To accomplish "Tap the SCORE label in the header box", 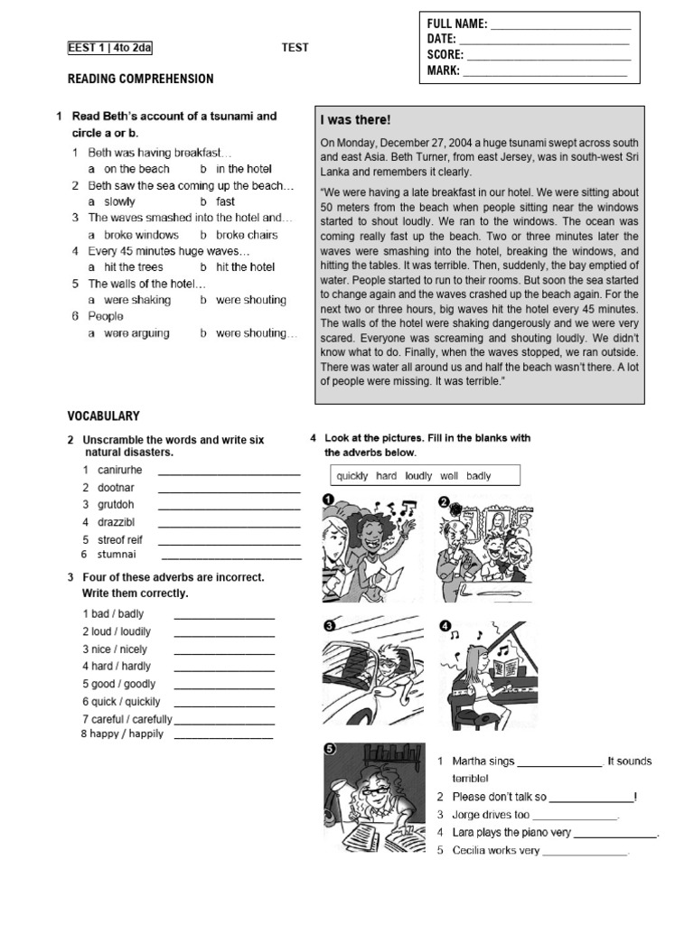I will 444,54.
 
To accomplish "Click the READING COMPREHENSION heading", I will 141,79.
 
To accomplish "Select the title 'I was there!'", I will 355,120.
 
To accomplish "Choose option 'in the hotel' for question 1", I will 243,169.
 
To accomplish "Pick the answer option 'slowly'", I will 119,201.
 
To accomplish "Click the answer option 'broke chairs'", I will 247,235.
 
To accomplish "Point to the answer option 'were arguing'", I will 136,333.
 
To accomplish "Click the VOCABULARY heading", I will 104,416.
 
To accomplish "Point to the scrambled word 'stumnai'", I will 117,555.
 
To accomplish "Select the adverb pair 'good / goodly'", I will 119,684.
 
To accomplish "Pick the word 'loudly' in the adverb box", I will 419,476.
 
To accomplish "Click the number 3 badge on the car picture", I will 331,625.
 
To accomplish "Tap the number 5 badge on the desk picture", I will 331,749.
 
